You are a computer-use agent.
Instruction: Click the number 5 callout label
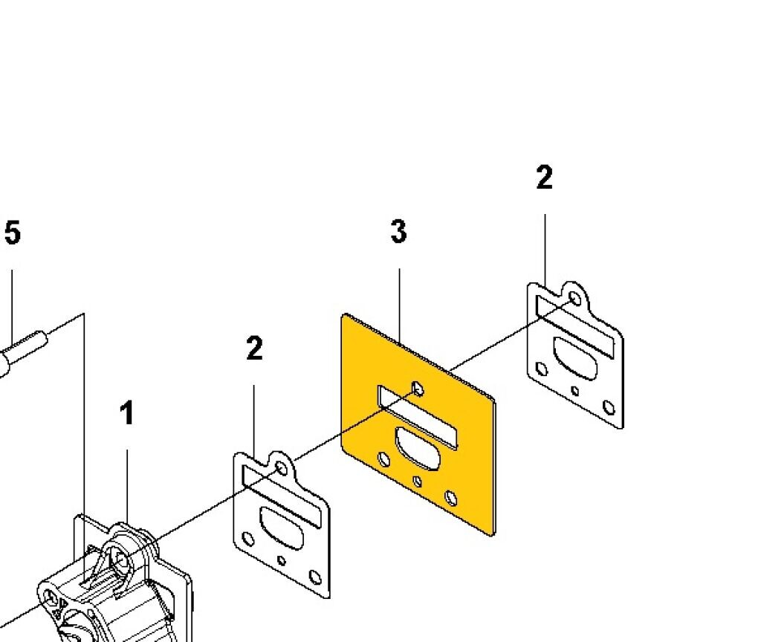tap(13, 233)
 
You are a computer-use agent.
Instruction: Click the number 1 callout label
tap(127, 413)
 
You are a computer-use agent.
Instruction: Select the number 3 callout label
tap(398, 232)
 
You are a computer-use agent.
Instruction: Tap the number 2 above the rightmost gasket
tap(544, 178)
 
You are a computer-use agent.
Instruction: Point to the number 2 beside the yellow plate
tap(254, 348)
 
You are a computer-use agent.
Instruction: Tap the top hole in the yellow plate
tap(418, 389)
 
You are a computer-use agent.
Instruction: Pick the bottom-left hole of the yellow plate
tap(384, 459)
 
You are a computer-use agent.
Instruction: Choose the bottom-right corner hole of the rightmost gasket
tap(609, 407)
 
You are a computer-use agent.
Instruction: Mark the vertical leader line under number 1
tap(127, 483)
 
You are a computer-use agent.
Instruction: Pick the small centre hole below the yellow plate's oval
tap(418, 481)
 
